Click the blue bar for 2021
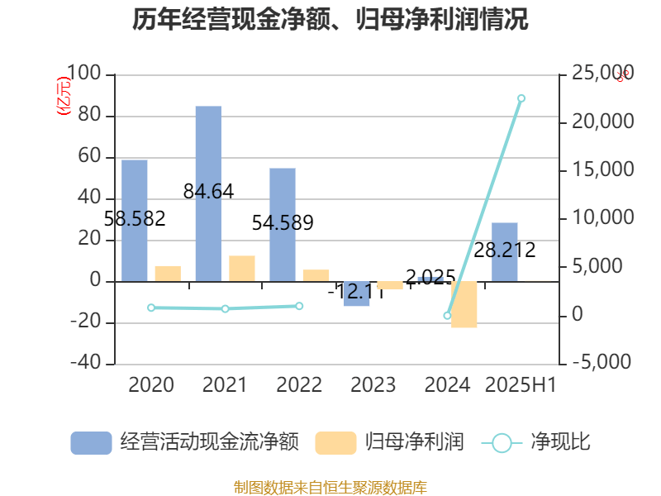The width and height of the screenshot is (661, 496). click(x=208, y=193)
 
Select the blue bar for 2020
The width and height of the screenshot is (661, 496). click(x=135, y=220)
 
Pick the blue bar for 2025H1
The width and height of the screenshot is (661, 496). click(x=505, y=251)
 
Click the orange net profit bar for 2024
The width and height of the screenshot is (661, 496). click(x=464, y=304)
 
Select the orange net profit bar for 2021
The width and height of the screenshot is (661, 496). click(x=242, y=268)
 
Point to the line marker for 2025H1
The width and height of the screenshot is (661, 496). click(x=521, y=98)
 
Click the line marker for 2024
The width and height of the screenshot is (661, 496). click(x=447, y=316)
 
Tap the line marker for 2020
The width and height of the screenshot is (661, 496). click(x=151, y=308)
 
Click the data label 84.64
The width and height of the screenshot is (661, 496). click(x=209, y=192)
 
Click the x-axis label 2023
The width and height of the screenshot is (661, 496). click(x=373, y=384)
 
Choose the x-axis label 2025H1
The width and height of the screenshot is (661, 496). click(x=521, y=384)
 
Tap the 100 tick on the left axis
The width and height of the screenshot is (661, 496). click(x=86, y=74)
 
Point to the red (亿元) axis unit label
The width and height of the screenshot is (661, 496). click(x=62, y=97)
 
